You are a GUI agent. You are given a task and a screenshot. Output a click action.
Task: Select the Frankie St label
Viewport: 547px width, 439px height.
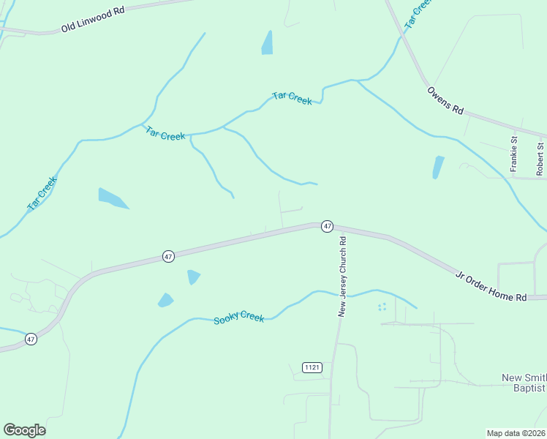point(514,154)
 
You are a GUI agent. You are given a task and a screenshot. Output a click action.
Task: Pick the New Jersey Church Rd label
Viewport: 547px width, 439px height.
point(342,275)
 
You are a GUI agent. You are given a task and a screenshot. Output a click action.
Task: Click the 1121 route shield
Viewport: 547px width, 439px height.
point(312,367)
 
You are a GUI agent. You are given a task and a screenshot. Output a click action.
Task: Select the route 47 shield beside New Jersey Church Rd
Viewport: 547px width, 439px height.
point(327,227)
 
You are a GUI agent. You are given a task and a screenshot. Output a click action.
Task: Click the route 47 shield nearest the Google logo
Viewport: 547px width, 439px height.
point(31,339)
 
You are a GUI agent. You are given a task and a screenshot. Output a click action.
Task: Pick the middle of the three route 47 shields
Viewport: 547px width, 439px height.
point(169,257)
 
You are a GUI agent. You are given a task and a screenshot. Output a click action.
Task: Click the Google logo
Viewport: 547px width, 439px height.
point(24,430)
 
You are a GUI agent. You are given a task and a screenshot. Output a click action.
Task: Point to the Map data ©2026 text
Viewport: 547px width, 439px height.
point(516,433)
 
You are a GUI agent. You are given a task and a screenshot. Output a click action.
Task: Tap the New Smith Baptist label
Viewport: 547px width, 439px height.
point(524,383)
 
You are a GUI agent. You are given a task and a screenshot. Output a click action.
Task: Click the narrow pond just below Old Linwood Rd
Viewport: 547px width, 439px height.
point(268,42)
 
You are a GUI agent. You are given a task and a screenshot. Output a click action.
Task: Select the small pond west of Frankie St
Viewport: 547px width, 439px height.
point(438,167)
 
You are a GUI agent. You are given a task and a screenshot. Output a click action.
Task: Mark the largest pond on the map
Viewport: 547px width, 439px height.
point(112,198)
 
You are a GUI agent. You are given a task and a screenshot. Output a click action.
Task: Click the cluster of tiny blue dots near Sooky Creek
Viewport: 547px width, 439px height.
point(382,307)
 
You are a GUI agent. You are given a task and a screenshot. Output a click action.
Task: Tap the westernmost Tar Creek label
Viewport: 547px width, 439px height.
point(42,194)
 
